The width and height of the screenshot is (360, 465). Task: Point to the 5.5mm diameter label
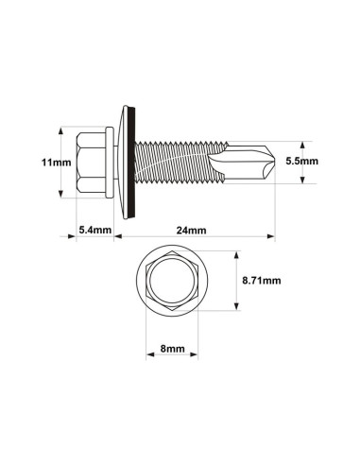tap(302, 162)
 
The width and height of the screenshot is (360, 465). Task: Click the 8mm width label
tap(171, 348)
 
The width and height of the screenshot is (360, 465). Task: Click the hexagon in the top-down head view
tap(171, 281)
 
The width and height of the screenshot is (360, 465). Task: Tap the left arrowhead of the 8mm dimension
tap(147, 354)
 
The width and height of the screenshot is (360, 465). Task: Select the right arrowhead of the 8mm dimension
tap(195, 354)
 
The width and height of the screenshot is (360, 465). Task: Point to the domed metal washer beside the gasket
tap(123, 162)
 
